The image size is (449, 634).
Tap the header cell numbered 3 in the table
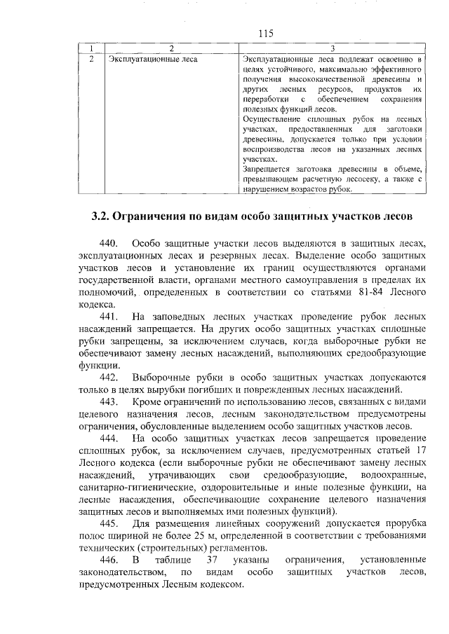coord(331,48)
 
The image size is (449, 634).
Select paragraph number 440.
coord(110,242)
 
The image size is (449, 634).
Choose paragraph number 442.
coord(110,377)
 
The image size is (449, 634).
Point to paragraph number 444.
coord(110,438)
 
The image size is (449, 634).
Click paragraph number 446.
coord(110,560)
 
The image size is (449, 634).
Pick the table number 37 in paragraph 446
coord(215,560)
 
